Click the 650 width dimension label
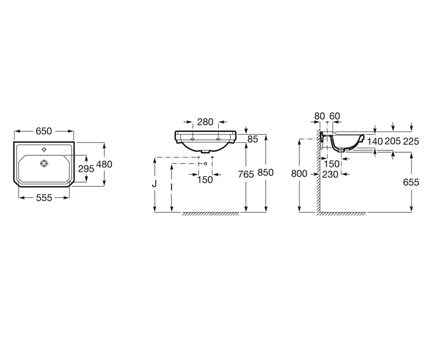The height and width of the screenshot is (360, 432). coord(44,131)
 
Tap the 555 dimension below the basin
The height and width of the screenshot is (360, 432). coord(44,198)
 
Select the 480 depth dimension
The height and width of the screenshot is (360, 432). coord(104,165)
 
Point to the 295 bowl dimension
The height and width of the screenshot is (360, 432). coord(86,169)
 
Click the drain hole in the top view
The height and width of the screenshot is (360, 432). coord(44,163)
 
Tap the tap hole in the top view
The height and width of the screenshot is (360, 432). coord(44,149)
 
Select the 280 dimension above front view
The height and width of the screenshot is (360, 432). coord(205,122)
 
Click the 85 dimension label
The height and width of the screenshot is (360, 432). coord(253,139)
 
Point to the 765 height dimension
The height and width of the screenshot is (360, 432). coord(246,174)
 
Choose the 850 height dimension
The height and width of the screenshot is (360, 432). coord(266,172)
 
